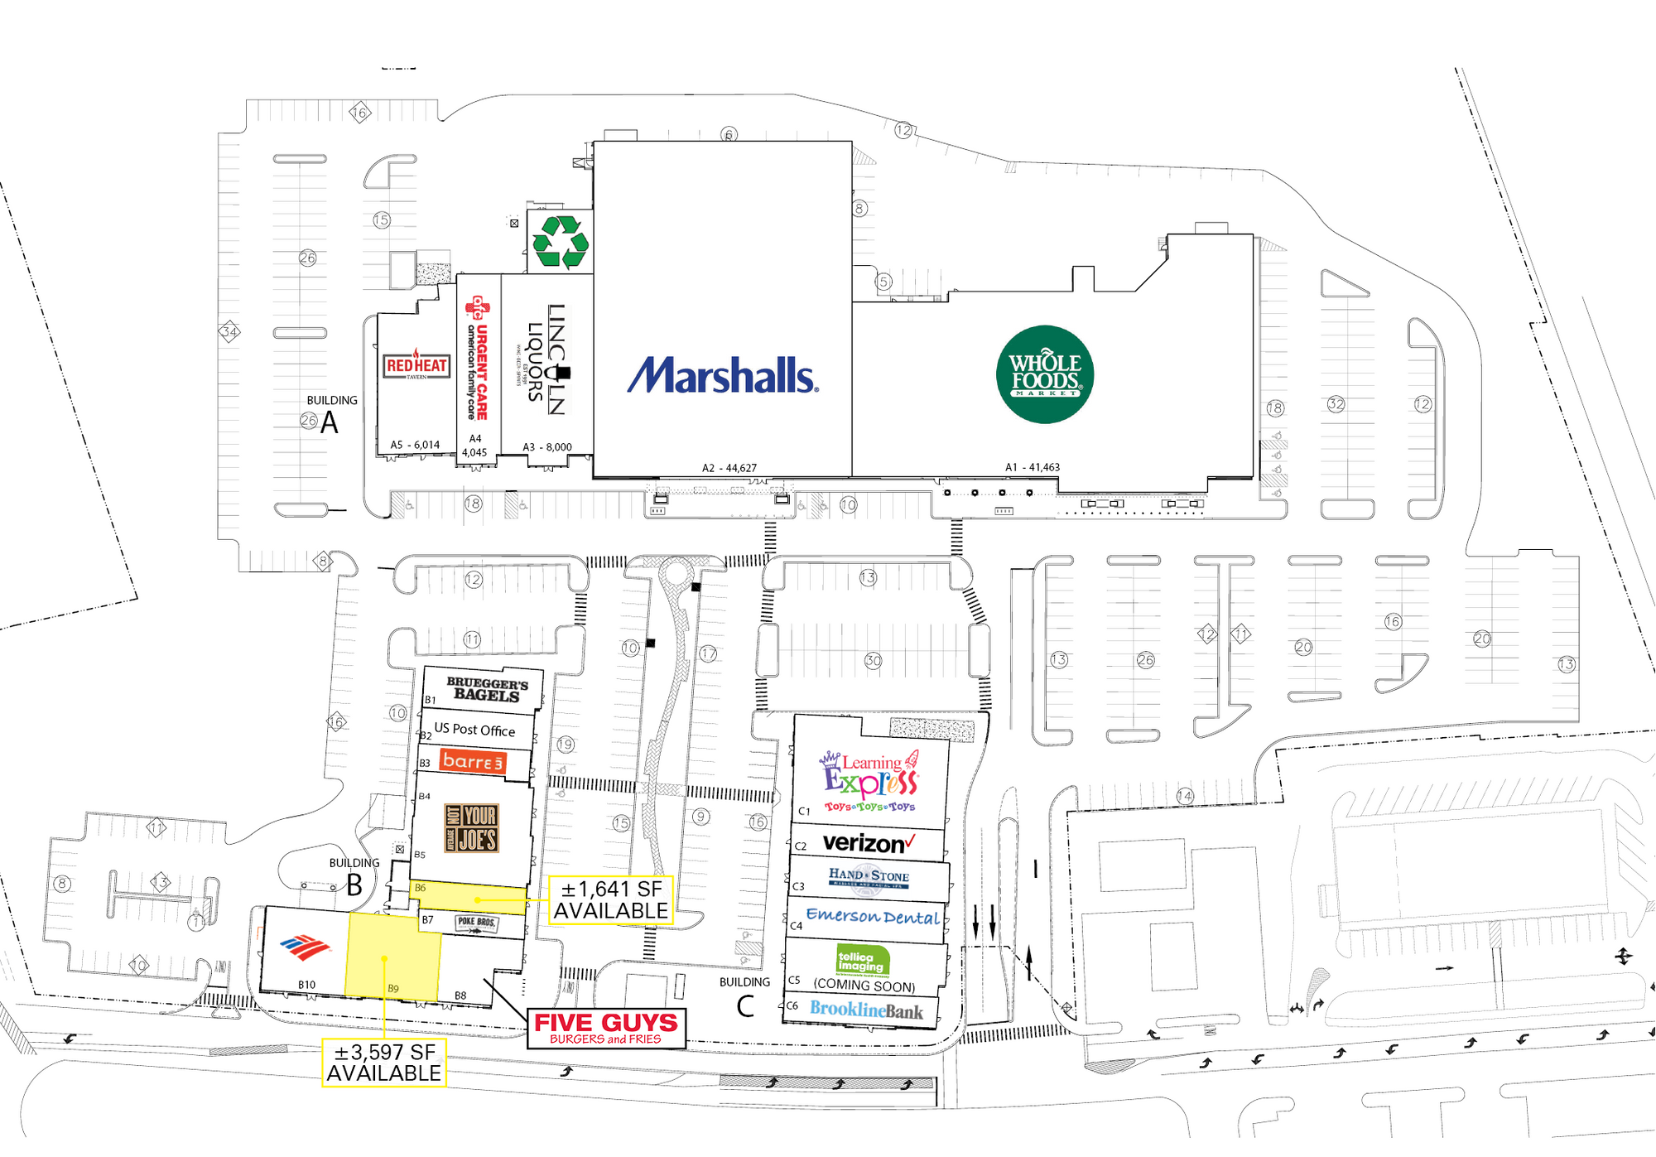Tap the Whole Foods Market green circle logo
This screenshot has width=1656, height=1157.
(1045, 374)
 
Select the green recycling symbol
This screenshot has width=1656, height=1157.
(561, 242)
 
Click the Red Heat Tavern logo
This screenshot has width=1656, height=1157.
(416, 365)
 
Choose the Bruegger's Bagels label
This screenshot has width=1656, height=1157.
(487, 689)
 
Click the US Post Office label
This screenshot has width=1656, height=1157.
(474, 730)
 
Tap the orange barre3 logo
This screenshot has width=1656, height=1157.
(473, 761)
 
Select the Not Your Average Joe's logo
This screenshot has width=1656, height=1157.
(472, 828)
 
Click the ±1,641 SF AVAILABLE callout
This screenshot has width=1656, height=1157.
(610, 900)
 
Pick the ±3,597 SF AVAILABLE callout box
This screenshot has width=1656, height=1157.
(383, 1063)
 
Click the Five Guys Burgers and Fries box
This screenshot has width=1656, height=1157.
(606, 1029)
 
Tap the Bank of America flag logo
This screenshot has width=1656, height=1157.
(305, 947)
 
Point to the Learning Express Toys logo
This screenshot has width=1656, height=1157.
(870, 781)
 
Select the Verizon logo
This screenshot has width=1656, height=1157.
(869, 843)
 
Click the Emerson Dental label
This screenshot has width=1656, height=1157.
(873, 916)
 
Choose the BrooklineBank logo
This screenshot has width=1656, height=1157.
(866, 1010)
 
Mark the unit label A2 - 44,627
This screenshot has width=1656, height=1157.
(729, 468)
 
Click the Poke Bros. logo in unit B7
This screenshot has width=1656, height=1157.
(477, 924)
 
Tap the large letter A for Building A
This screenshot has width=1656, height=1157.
(330, 423)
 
